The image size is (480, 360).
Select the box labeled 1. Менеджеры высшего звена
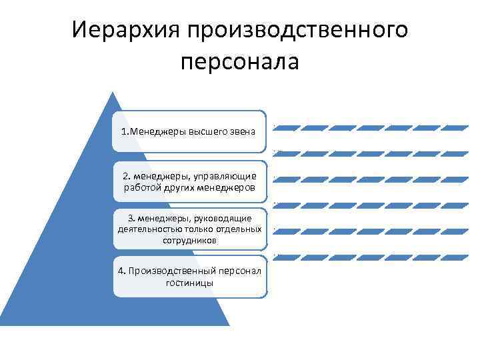point(189,131)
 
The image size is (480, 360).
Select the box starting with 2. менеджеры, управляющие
point(189,181)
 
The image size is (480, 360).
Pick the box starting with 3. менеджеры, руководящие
point(189,229)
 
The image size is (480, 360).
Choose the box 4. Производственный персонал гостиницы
point(189,277)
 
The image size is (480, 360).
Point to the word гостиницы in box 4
point(189,283)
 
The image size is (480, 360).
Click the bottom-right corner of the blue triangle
point(229,325)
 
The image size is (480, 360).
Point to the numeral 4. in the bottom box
point(121,271)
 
